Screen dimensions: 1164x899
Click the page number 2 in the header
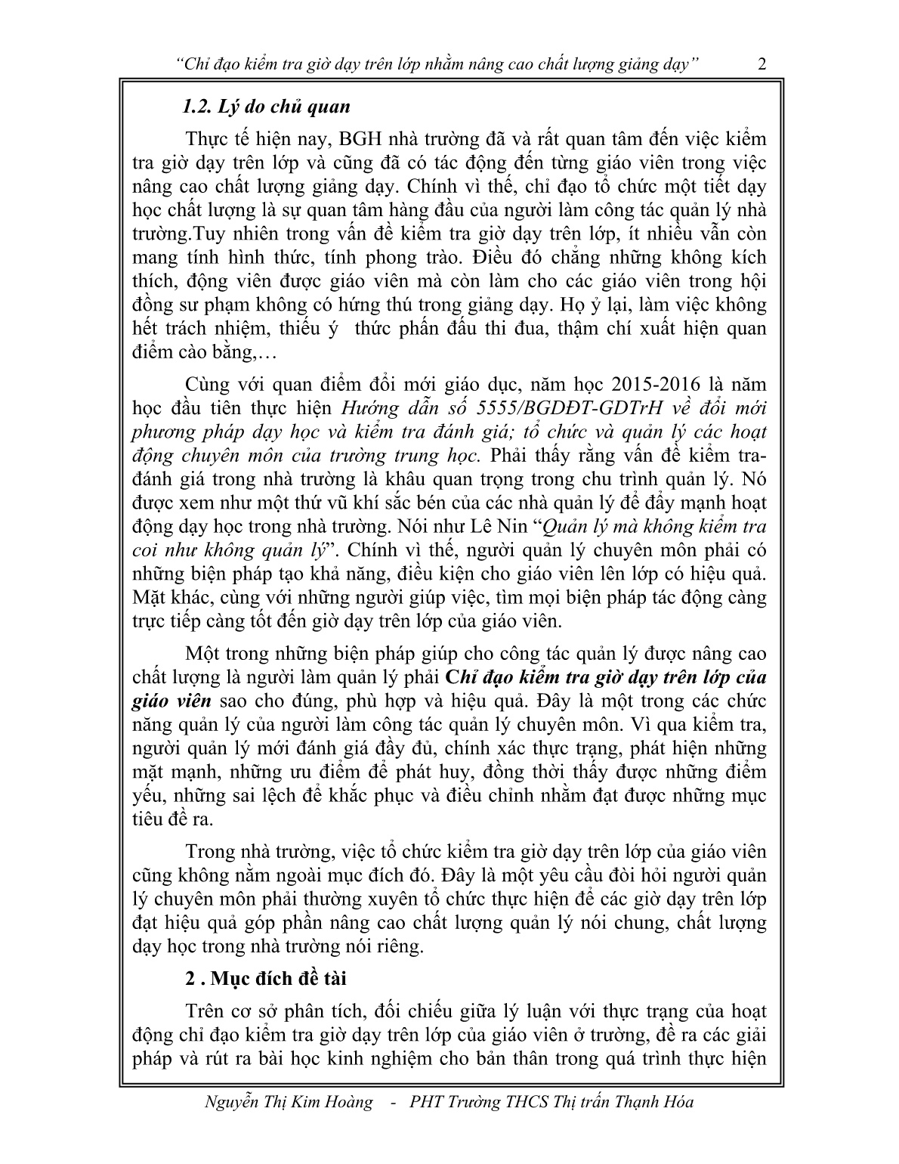point(762,65)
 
